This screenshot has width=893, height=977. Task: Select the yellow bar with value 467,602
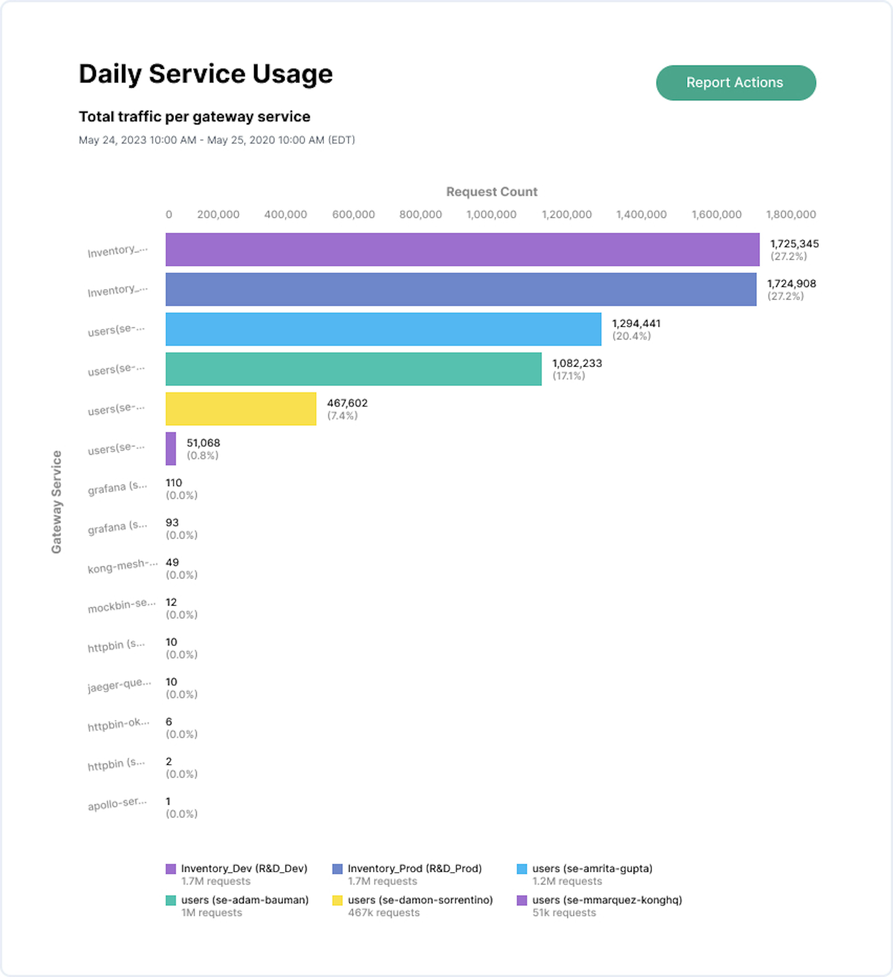click(241, 409)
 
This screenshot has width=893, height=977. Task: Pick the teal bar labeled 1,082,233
click(353, 369)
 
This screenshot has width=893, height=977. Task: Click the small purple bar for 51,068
click(170, 448)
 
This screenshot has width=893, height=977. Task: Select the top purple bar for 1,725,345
click(462, 250)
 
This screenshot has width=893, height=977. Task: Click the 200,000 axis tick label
click(218, 214)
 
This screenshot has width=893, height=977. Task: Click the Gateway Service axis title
click(57, 502)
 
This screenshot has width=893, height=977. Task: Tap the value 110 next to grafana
click(173, 483)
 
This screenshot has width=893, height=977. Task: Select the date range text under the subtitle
click(217, 140)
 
